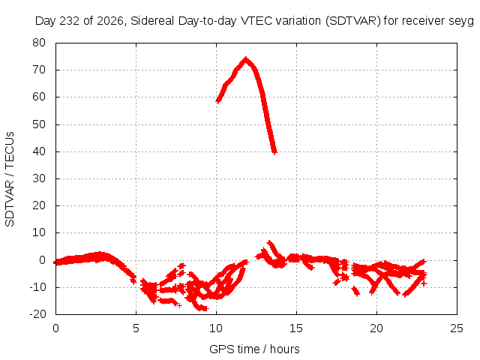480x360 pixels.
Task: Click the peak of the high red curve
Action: [x=246, y=58]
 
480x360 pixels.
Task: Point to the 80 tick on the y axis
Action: [x=39, y=43]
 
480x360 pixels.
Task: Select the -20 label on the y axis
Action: [x=37, y=313]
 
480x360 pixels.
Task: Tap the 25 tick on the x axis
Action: [x=457, y=328]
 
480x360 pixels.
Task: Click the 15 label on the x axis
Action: [x=296, y=328]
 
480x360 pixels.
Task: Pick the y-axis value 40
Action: [x=39, y=151]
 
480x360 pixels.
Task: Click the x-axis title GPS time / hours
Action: [x=254, y=349]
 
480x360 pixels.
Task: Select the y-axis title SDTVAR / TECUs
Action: [x=10, y=179]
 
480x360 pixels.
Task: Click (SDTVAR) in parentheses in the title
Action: [x=353, y=21]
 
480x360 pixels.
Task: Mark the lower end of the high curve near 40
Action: [x=274, y=151]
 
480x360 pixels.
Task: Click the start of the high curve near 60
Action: [x=218, y=100]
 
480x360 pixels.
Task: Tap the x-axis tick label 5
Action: [x=136, y=328]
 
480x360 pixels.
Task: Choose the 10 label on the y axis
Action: [x=39, y=232]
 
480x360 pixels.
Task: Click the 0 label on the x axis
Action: [x=55, y=328]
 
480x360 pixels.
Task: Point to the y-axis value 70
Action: [x=39, y=70]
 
